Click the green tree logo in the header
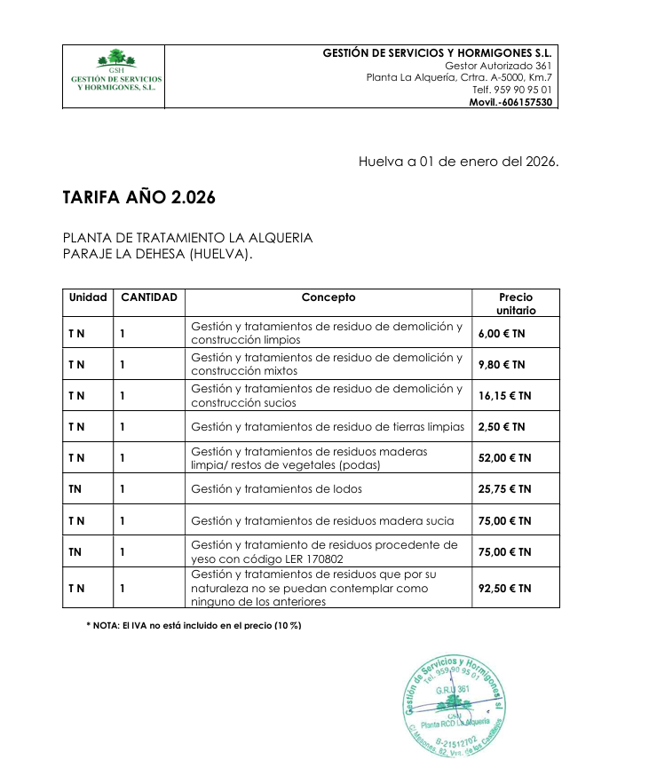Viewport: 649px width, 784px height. tap(116, 59)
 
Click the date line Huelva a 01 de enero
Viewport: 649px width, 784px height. tap(458, 162)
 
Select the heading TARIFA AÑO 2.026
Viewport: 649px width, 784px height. tap(139, 198)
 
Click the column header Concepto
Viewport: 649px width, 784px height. tap(328, 297)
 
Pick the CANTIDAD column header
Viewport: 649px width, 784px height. tap(148, 297)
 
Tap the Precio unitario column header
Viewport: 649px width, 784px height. tap(516, 304)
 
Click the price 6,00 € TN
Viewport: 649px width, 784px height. tap(502, 334)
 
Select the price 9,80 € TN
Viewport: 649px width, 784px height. tap(502, 365)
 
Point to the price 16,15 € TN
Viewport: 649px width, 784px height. tap(504, 396)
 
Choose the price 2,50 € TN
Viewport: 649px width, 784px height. tap(502, 427)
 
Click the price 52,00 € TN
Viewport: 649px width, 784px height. tap(504, 458)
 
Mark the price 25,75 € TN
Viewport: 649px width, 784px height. tap(504, 489)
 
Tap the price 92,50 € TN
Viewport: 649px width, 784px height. tap(504, 588)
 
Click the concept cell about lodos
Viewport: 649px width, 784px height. tap(276, 489)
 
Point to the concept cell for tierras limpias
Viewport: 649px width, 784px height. tap(328, 427)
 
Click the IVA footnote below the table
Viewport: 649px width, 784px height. tap(194, 625)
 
